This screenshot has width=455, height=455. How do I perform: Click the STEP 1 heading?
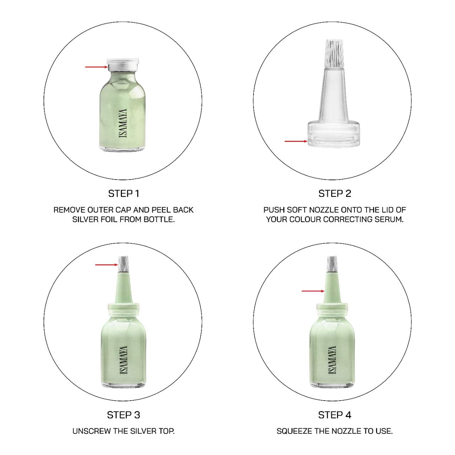coord(123,194)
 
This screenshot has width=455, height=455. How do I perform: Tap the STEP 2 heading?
coord(334,194)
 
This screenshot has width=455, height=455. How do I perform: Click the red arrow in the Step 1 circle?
coord(96,67)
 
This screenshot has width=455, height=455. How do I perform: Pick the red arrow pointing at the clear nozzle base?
coord(296,141)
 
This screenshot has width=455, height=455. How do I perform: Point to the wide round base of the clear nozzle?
coord(334,134)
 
